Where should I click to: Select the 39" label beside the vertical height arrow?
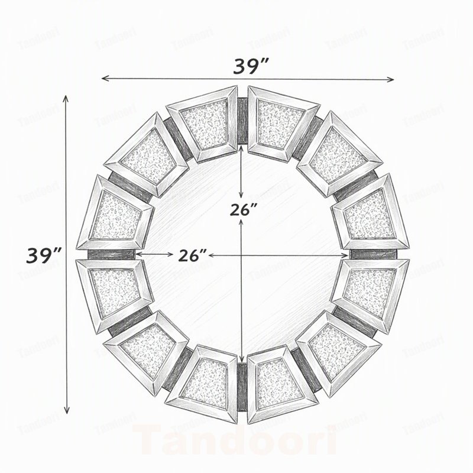[44, 255]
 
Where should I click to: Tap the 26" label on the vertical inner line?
[244, 209]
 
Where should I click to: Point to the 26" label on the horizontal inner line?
[192, 255]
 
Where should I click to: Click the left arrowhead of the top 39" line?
[105, 79]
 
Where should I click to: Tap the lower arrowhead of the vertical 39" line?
[67, 410]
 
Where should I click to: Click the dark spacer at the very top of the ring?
[242, 121]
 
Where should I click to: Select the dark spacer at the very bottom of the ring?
[242, 387]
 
